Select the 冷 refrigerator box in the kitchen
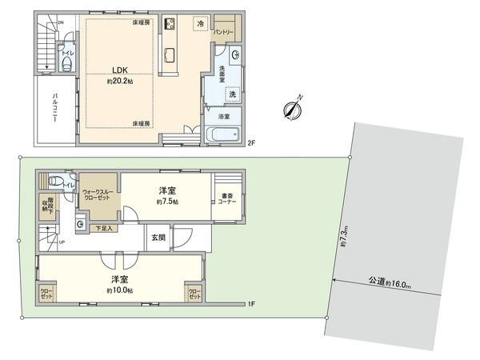pos(198,25)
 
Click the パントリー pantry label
pos(223,33)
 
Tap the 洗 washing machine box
pos(231,94)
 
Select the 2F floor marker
pos(250,143)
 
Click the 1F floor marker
pos(250,304)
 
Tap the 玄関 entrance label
pos(156,238)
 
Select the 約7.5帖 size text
pos(166,202)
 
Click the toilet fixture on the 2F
pos(67,65)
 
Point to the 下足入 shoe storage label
pos(105,229)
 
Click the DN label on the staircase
pos(60,23)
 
